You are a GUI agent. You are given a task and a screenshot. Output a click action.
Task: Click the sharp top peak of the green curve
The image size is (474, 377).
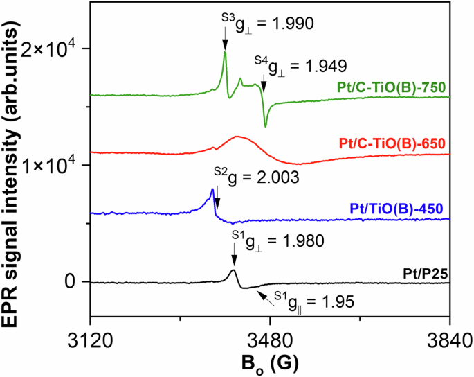point(225,52)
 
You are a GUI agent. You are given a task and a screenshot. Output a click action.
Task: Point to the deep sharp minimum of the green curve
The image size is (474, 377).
point(265,126)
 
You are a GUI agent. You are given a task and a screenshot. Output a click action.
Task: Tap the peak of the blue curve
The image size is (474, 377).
point(212,189)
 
